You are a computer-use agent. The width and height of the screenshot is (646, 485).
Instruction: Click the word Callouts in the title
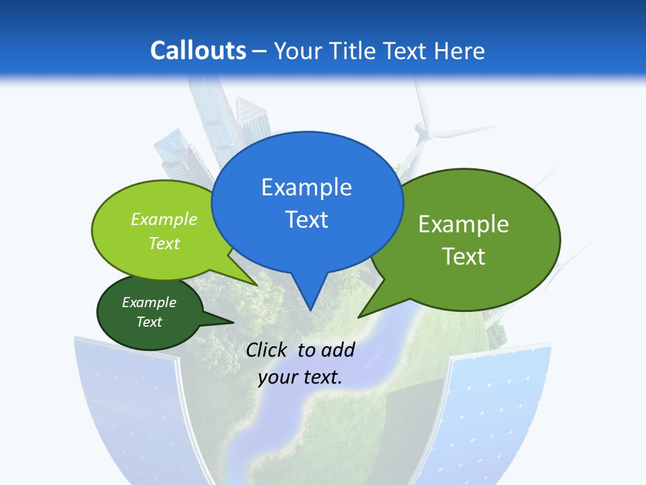[198, 51]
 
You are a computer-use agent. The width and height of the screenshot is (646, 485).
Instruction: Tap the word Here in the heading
[458, 51]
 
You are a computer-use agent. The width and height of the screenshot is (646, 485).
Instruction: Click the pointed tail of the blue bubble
[310, 296]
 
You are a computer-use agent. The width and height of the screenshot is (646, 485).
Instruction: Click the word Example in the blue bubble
[306, 187]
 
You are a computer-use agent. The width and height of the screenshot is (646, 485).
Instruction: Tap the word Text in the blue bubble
[306, 220]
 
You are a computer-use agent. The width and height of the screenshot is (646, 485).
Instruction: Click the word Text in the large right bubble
[463, 257]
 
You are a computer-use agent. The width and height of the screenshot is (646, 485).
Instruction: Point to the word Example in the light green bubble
[164, 220]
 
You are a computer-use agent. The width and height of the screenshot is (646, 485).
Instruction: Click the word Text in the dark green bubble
[149, 322]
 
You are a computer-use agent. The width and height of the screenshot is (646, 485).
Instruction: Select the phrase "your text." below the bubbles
[300, 377]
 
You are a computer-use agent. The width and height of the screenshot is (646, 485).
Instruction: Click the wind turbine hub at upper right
[423, 129]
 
